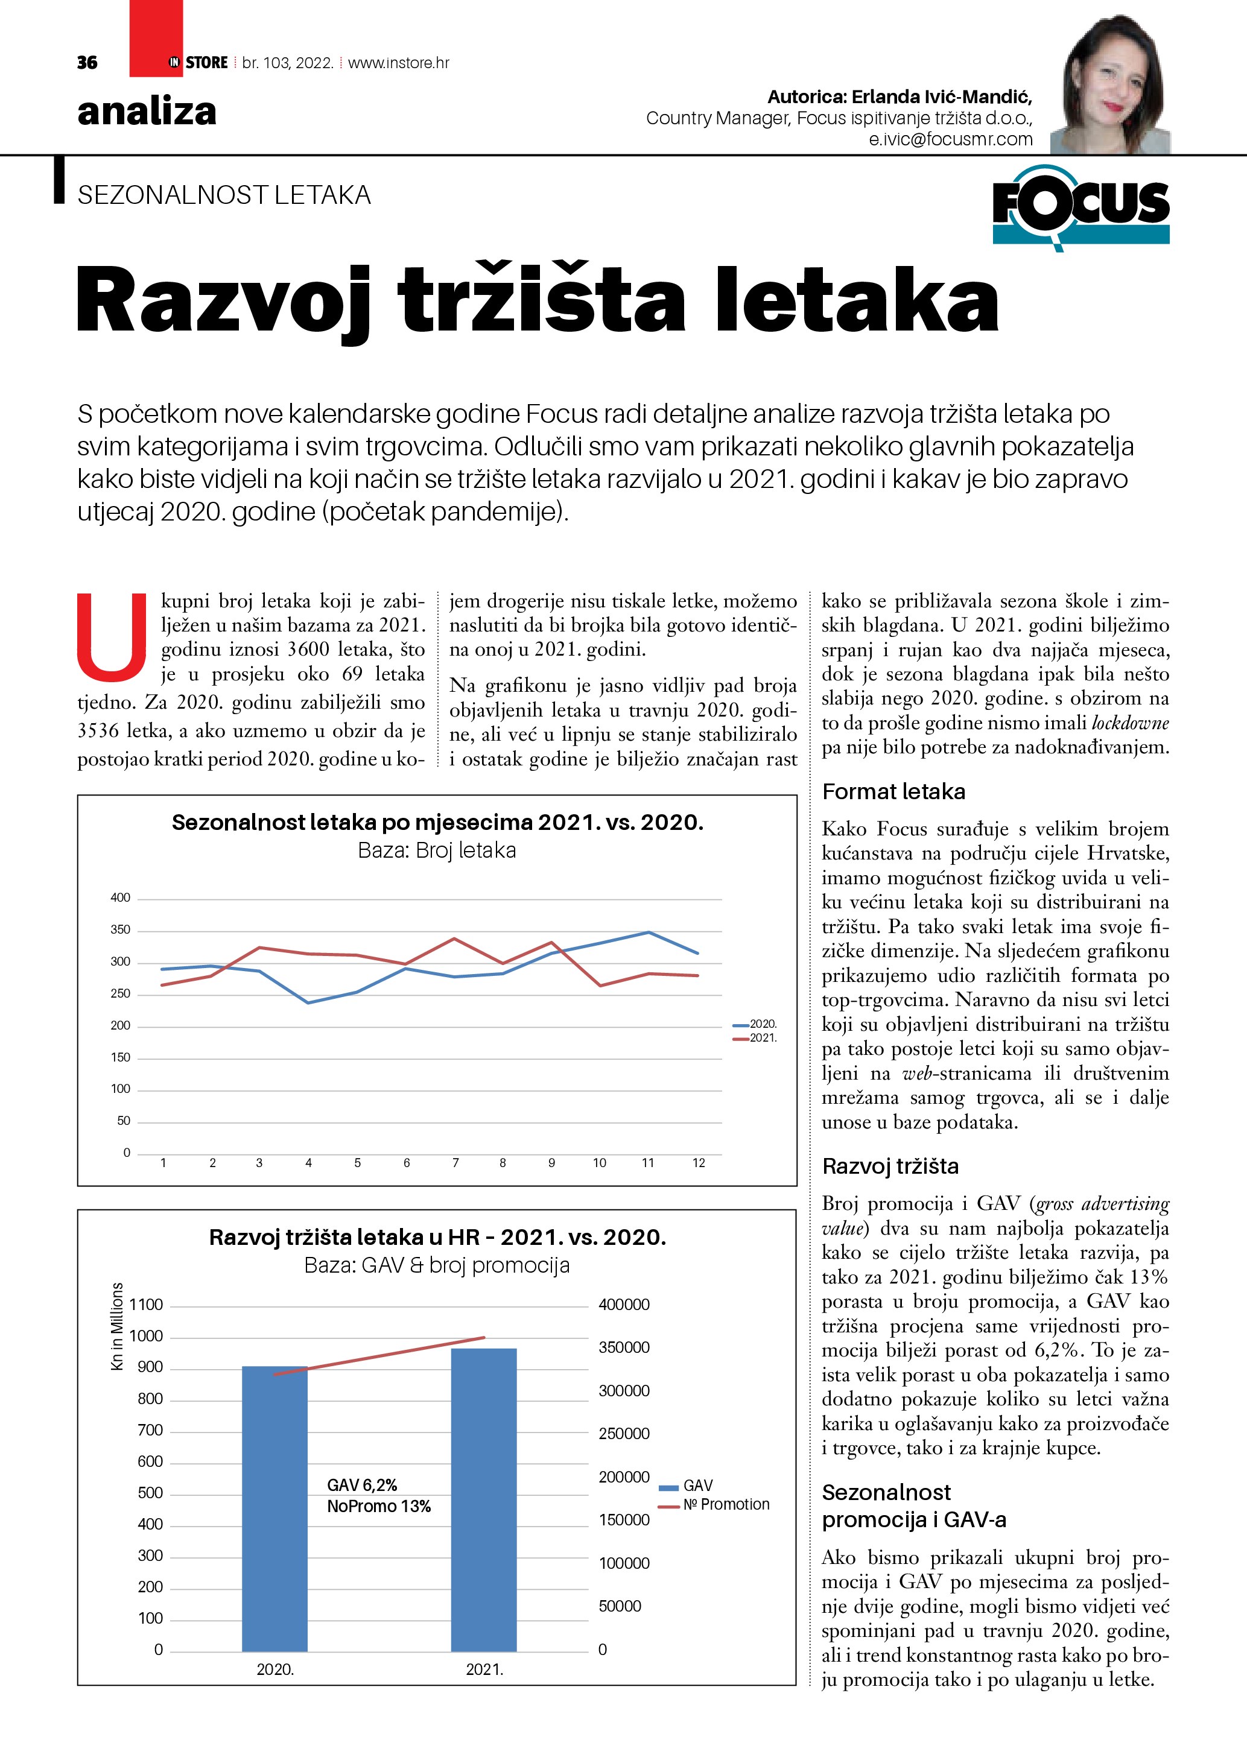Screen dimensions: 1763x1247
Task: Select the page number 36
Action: click(x=87, y=63)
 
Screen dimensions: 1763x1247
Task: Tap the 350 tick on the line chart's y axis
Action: click(x=121, y=930)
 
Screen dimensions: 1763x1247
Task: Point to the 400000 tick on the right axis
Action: click(x=624, y=1305)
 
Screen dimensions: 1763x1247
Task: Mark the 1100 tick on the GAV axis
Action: click(x=146, y=1305)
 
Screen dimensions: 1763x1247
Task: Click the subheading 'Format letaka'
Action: click(x=893, y=792)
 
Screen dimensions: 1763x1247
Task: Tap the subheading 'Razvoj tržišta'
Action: click(x=890, y=1166)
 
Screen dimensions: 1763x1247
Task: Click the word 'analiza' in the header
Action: click(x=147, y=112)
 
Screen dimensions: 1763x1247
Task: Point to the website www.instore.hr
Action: click(x=399, y=63)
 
